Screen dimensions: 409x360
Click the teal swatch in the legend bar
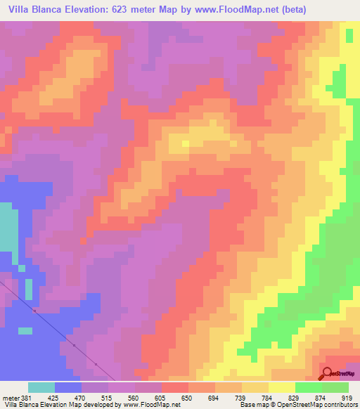click(41, 387)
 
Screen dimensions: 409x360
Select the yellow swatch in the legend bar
click(282, 387)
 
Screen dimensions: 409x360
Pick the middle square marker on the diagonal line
click(74, 345)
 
